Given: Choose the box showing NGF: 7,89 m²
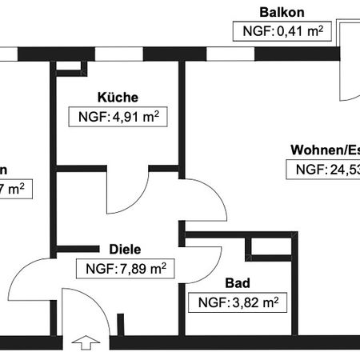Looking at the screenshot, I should [x=124, y=269].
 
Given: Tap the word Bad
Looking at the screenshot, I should [x=238, y=282].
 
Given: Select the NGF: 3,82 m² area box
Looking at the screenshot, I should [x=238, y=303].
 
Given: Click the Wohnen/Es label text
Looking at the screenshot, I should [x=324, y=149].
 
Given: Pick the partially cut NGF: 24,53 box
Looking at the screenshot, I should [x=323, y=170].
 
